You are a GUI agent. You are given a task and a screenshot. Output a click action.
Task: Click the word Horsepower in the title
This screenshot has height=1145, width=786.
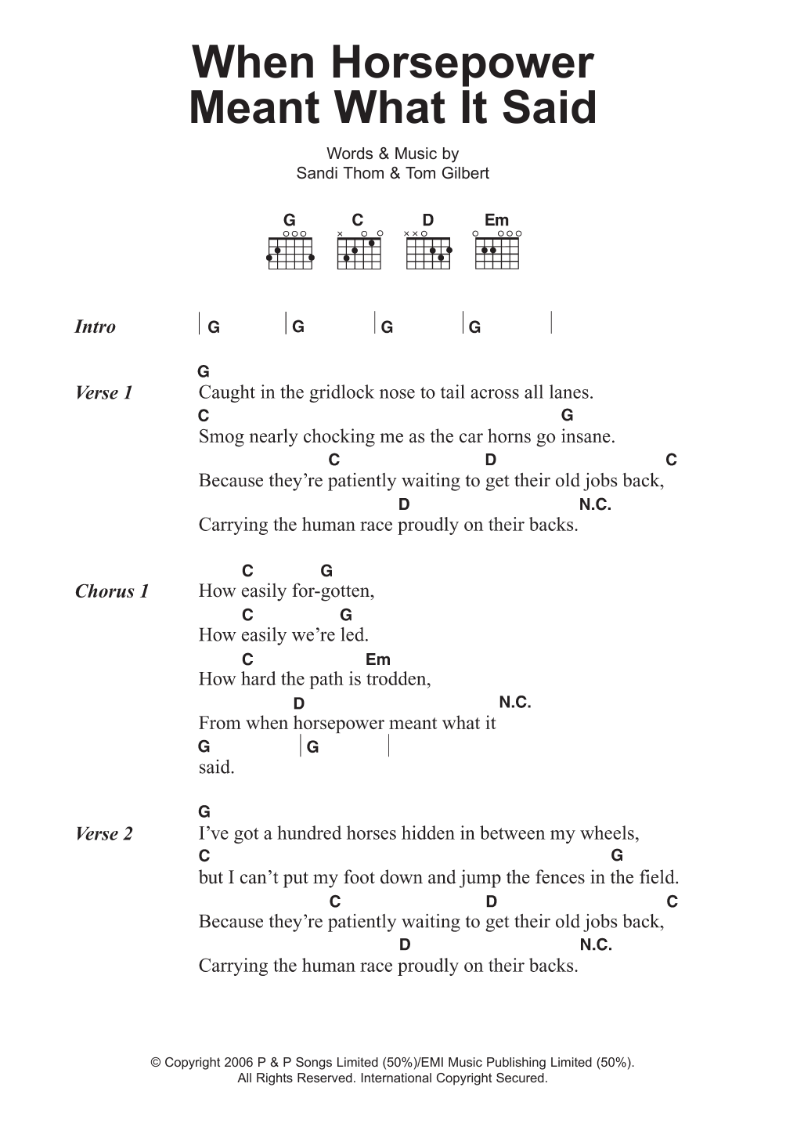(x=463, y=64)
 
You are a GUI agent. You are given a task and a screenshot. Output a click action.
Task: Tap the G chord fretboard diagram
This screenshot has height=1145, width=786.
(x=290, y=251)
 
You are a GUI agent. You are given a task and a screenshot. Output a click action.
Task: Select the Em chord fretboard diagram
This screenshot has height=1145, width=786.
(x=497, y=251)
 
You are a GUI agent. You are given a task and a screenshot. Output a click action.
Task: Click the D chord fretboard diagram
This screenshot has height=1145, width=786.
(x=428, y=251)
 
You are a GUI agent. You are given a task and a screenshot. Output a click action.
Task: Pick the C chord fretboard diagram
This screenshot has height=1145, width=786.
(x=359, y=251)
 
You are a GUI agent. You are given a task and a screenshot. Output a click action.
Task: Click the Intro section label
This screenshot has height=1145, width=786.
(x=95, y=327)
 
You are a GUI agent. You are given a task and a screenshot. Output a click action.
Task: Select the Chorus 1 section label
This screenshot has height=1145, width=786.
(x=112, y=591)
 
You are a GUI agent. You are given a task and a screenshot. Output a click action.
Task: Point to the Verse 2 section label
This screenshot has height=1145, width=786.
(x=104, y=834)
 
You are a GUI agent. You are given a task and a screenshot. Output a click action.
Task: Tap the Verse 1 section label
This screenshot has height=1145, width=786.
(x=104, y=393)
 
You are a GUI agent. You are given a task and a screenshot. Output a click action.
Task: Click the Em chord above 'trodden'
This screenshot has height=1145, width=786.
(x=378, y=659)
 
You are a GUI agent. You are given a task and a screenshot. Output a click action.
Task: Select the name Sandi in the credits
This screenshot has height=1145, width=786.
(x=317, y=173)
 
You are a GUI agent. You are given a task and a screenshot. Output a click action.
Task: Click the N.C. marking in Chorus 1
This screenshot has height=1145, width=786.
(x=515, y=703)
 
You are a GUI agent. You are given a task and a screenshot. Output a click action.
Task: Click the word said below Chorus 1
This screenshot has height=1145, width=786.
(x=216, y=768)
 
